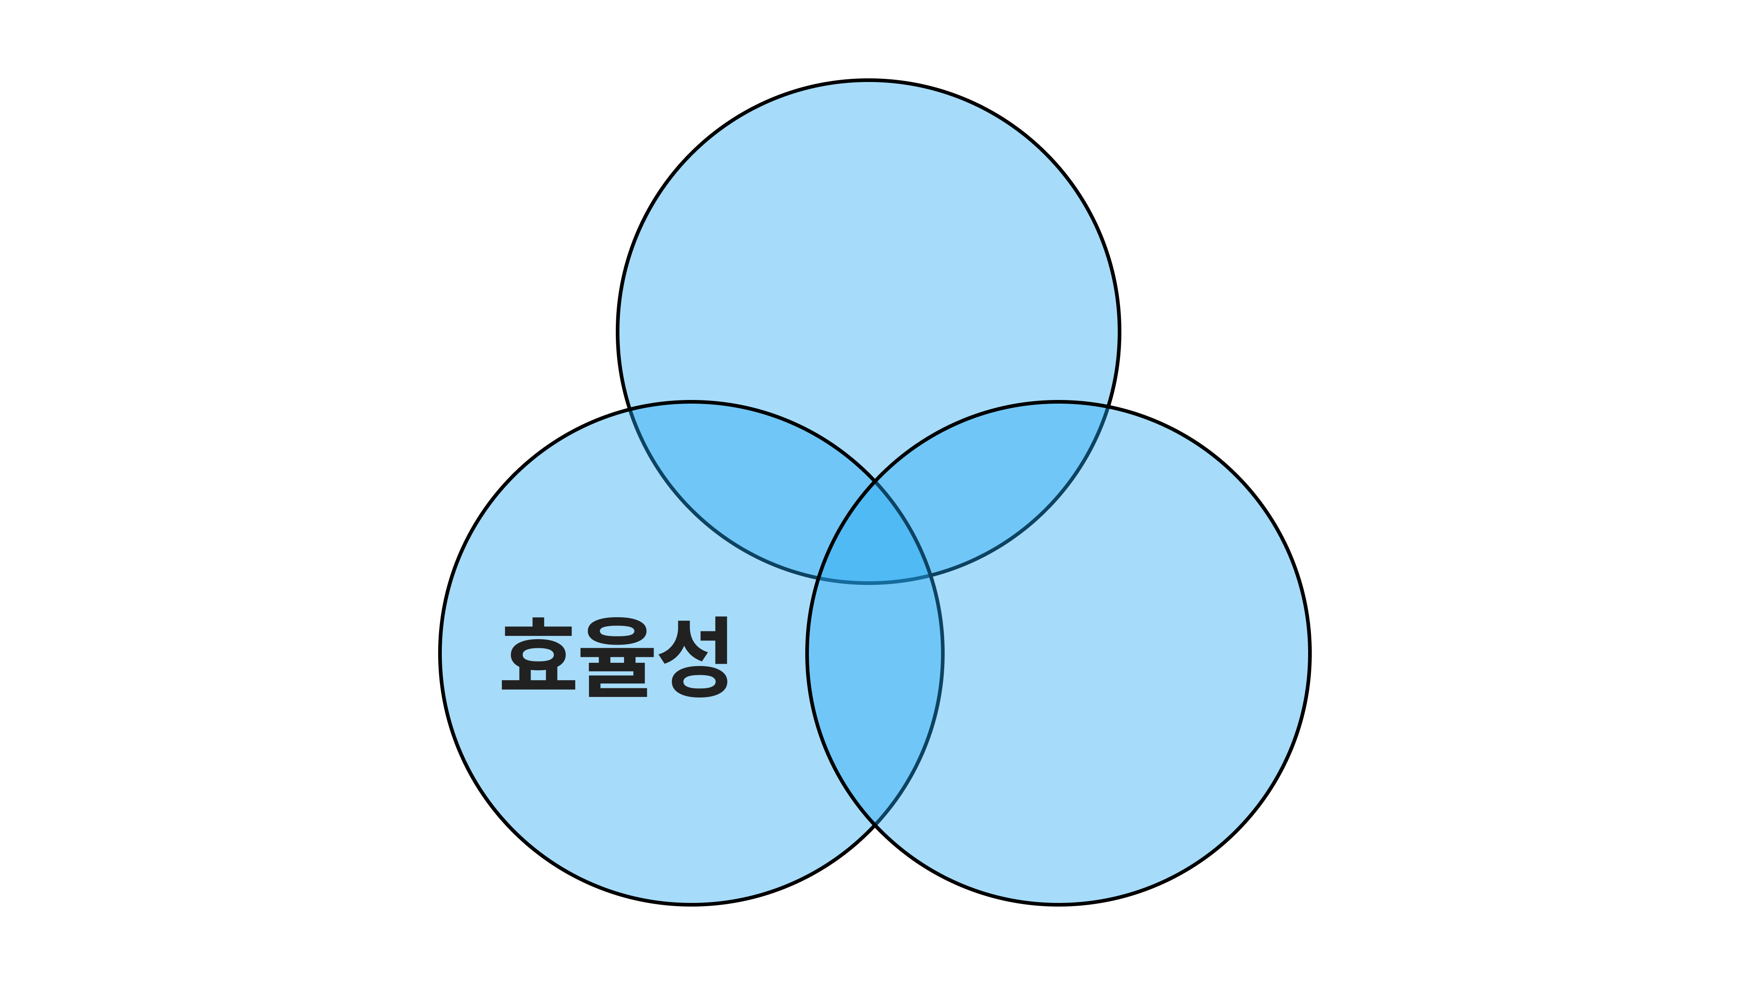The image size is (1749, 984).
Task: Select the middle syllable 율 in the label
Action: pos(617,657)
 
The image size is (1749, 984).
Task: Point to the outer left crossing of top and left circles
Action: pos(629,409)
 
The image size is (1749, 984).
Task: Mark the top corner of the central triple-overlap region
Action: pos(875,482)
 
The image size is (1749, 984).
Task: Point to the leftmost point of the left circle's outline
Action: pos(440,653)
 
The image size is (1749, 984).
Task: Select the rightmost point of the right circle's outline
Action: pos(1309,653)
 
